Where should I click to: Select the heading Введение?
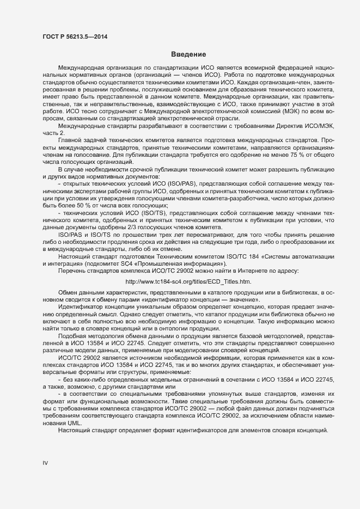coord(188,54)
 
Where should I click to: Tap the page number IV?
coord(46,463)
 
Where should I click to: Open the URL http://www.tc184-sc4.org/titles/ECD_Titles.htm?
coord(188,281)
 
